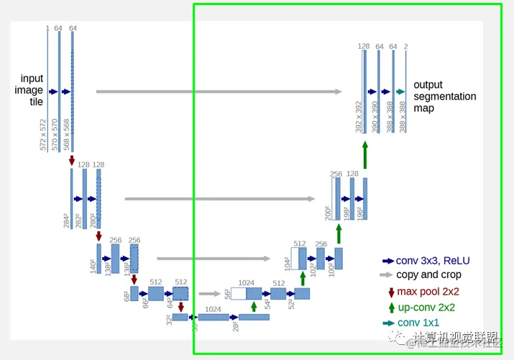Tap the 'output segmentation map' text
pyautogui.click(x=444, y=96)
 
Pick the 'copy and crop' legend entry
pyautogui.click(x=428, y=274)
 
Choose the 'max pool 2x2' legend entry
pyautogui.click(x=428, y=292)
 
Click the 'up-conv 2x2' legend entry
pyautogui.click(x=428, y=308)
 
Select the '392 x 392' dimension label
pyautogui.click(x=358, y=115)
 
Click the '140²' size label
pyautogui.click(x=92, y=267)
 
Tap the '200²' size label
pyautogui.click(x=329, y=213)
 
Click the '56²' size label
pyautogui.click(x=228, y=293)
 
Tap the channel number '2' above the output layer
pyautogui.click(x=406, y=47)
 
